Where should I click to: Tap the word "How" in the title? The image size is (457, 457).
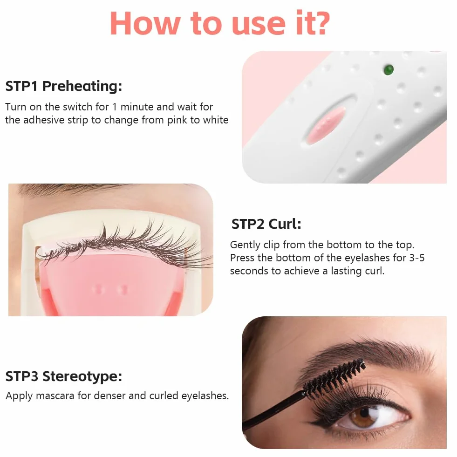[x=145, y=23]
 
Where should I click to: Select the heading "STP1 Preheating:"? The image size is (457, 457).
[x=63, y=86]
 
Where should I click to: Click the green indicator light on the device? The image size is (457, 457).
[x=389, y=70]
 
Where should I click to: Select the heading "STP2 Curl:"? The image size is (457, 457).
[x=266, y=224]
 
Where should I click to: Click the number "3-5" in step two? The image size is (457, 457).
[x=417, y=258]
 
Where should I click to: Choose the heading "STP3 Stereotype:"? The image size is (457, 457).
[x=63, y=376]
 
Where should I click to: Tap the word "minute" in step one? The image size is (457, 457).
[x=137, y=107]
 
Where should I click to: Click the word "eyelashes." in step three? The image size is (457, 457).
[x=205, y=396]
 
